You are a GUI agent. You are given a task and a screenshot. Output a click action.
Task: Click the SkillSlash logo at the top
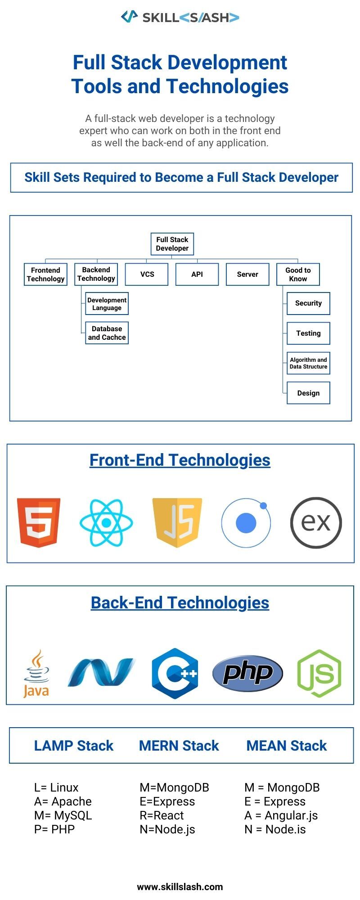(x=180, y=17)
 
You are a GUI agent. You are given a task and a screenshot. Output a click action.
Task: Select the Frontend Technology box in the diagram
(x=45, y=274)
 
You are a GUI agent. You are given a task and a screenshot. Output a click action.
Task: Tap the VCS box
(x=147, y=274)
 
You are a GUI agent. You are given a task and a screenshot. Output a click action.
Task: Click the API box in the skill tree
(x=197, y=274)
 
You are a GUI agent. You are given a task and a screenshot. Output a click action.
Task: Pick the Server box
(x=247, y=274)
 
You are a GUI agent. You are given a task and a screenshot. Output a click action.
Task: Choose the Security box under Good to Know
(x=308, y=303)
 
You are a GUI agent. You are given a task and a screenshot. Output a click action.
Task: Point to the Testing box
(x=308, y=333)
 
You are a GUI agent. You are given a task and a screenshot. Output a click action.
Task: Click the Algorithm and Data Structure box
(x=308, y=363)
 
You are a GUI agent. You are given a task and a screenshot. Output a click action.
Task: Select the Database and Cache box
(x=107, y=333)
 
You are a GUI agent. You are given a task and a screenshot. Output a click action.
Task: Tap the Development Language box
(x=107, y=304)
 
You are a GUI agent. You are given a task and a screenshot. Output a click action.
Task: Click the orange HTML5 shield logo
(x=39, y=522)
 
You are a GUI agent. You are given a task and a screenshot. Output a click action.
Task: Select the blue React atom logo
(x=106, y=522)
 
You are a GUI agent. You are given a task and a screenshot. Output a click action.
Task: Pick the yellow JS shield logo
(x=177, y=522)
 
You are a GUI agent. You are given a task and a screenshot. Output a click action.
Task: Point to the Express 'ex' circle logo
(x=316, y=522)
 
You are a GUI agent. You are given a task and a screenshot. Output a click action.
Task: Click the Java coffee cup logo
(x=36, y=673)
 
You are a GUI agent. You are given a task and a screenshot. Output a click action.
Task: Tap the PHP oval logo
(x=247, y=673)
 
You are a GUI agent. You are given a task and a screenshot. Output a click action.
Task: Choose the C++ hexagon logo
(x=175, y=673)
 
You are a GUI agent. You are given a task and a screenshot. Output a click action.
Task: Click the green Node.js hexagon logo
(x=319, y=673)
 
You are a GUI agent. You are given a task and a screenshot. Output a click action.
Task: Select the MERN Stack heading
(x=179, y=746)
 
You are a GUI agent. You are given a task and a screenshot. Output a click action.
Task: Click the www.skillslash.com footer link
(x=180, y=887)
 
